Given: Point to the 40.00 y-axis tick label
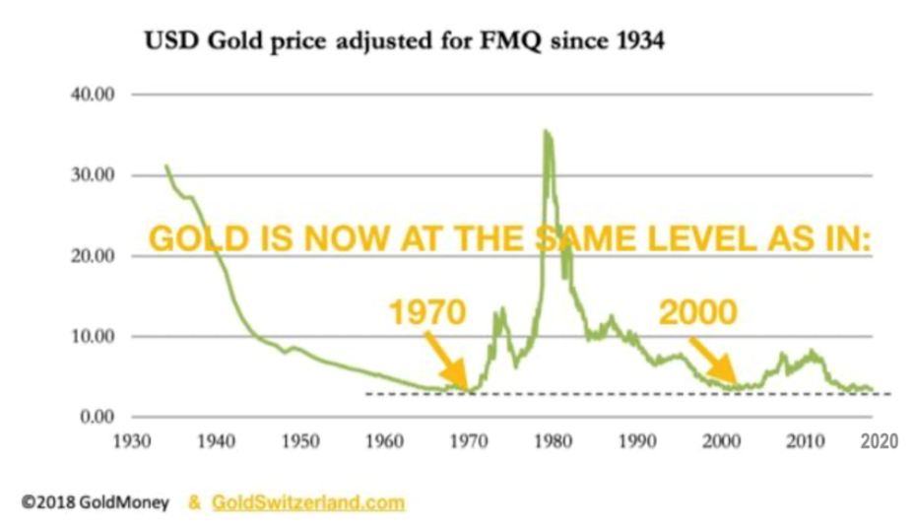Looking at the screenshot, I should pyautogui.click(x=96, y=95).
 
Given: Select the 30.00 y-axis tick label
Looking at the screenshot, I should pyautogui.click(x=96, y=175).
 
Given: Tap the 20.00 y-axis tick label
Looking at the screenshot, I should pyautogui.click(x=96, y=256).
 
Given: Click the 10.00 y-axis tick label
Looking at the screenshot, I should pyautogui.click(x=96, y=337).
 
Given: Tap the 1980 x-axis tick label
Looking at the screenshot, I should pyautogui.click(x=553, y=441).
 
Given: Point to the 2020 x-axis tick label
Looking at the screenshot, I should pyautogui.click(x=877, y=441).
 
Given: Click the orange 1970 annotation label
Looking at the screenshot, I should pyautogui.click(x=426, y=313).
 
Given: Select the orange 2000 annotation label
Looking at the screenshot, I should pyautogui.click(x=696, y=312).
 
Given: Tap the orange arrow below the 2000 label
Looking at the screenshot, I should pyautogui.click(x=712, y=361).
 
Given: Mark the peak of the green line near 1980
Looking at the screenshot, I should pyautogui.click(x=545, y=131).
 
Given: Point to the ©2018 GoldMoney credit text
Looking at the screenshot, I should pyautogui.click(x=94, y=502).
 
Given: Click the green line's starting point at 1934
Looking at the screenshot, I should pyautogui.click(x=165, y=166).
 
